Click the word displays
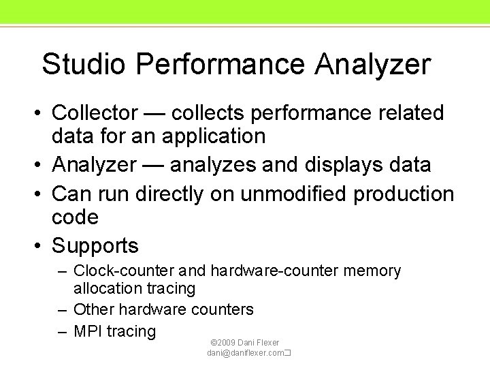359,165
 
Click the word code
75,217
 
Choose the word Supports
95,245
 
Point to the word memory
372,271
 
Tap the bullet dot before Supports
39,245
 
